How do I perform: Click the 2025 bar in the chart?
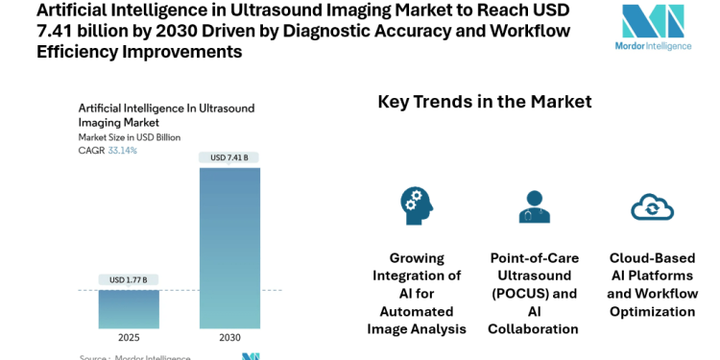coord(129,308)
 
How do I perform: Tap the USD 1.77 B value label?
coord(129,280)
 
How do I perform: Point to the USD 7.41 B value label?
coord(229,157)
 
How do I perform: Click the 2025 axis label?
coord(129,338)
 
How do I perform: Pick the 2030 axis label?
coord(229,338)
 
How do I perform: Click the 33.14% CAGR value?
coord(122,151)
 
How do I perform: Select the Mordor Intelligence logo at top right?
coord(653,29)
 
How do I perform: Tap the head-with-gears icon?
coord(417,205)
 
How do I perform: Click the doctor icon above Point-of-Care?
coord(534,205)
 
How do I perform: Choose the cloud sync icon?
coord(652,206)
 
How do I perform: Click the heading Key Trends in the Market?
coord(485,102)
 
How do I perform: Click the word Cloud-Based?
coord(652,258)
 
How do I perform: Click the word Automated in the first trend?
coord(417,311)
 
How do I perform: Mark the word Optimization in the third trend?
coord(652,311)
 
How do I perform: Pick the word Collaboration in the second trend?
coord(534,329)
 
